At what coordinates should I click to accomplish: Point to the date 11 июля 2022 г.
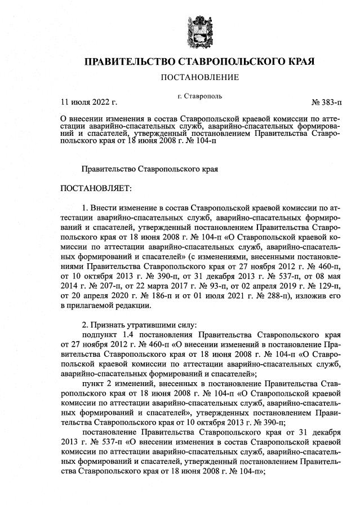[x=88, y=103]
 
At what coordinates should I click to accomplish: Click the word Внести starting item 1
[x=104, y=208]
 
